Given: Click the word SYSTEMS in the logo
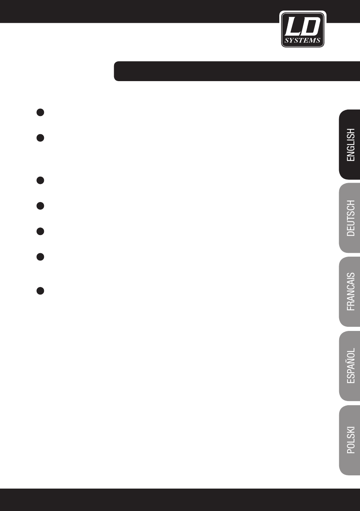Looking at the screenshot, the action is pos(302,41).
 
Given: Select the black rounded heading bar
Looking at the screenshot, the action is pos(237,71).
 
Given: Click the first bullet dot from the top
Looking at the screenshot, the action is pos(40,112).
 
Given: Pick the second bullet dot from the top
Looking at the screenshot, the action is pos(40,138).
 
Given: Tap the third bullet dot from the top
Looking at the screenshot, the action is pos(40,180).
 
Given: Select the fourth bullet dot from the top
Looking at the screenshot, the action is pos(40,206).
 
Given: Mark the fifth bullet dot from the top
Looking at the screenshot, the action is pos(40,231).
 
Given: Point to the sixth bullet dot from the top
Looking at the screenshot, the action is pos(40,257).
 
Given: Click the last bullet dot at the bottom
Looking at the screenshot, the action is pos(40,291).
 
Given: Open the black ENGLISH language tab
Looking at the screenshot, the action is pos(349,145).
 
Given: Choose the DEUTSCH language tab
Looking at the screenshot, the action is pos(349,218).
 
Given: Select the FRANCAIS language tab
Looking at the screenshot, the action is pos(349,292).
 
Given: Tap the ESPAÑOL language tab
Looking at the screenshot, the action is pos(349,366).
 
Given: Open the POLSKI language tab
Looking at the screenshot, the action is pos(349,440).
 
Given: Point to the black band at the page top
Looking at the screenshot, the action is pos(180,11).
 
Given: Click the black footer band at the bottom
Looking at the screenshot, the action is pos(180,500).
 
